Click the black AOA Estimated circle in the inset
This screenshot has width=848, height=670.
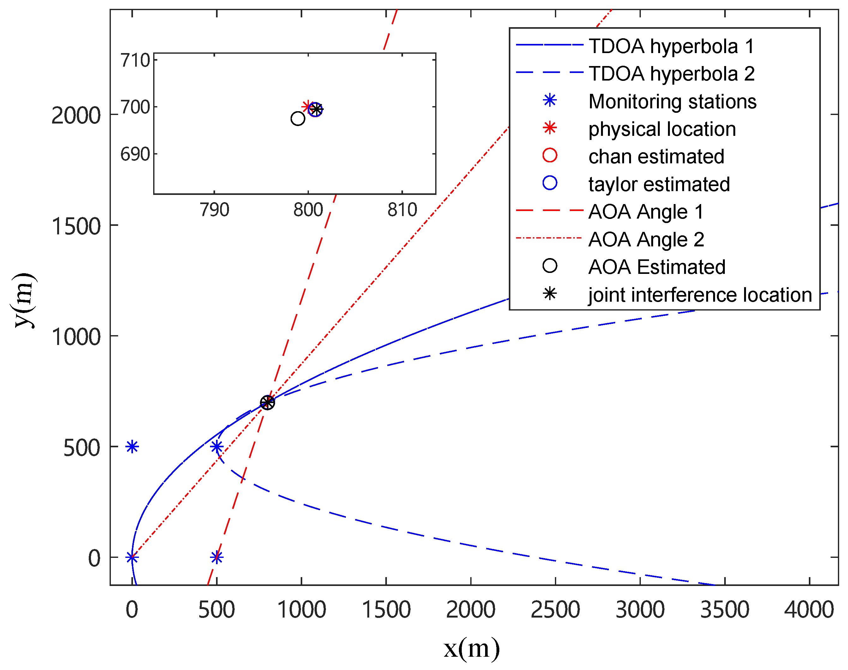point(298,118)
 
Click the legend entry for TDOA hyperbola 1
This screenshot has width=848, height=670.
point(671,46)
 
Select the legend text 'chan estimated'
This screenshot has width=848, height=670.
point(656,156)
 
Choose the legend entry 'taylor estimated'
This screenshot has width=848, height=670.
point(659,184)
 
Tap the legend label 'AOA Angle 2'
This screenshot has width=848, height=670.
point(646,239)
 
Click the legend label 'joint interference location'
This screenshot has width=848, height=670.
point(700,295)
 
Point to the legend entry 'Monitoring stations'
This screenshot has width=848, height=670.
point(672,102)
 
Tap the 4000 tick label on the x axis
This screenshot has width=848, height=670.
point(809,610)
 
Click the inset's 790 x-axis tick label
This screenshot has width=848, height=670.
point(214,210)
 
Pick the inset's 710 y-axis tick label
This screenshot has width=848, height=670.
point(135,60)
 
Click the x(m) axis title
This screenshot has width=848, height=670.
point(472,648)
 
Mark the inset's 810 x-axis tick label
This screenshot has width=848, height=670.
point(402,210)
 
